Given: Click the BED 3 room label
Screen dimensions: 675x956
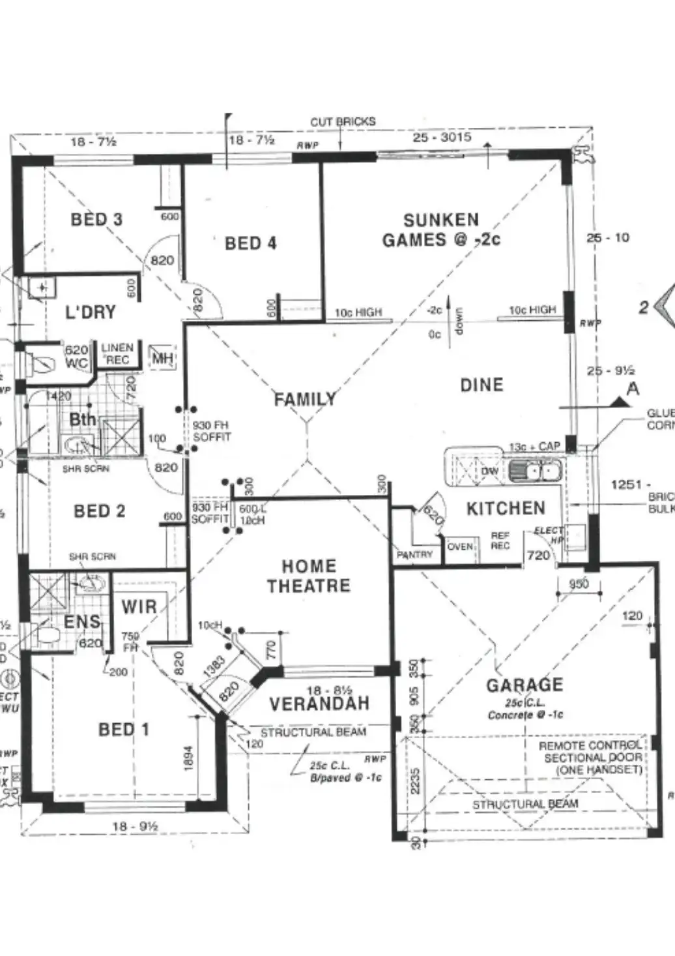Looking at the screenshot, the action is coord(96,220).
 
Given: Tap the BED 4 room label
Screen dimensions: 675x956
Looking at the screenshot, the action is coord(251,244).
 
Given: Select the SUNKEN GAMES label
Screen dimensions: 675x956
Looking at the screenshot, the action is coord(441,230).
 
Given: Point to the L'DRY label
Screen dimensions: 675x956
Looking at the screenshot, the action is coord(91,312).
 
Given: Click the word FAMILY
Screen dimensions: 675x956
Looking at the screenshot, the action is coord(305,398).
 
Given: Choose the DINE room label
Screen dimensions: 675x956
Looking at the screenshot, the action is coord(481,385).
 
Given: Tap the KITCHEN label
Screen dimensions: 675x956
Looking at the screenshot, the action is coord(506,509).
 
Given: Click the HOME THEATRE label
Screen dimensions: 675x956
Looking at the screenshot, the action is coord(309,576).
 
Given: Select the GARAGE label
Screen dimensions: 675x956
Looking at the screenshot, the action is coord(524,685).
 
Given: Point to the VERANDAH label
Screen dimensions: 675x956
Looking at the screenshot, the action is coord(319,704).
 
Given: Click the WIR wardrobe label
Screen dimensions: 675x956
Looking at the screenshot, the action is coord(139,607).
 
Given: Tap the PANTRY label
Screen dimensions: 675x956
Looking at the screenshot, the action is coord(415,554).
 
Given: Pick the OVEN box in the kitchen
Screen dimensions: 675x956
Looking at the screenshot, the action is coord(461,546).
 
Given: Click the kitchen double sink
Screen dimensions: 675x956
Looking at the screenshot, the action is coord(534,470).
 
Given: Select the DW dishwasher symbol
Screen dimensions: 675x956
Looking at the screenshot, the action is coord(490,471).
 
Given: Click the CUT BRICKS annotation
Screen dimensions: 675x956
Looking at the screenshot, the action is coord(343,122).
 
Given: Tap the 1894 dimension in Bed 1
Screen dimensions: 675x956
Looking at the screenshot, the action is coord(188,758).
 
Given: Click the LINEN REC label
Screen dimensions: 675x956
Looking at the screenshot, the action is coord(117,354).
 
